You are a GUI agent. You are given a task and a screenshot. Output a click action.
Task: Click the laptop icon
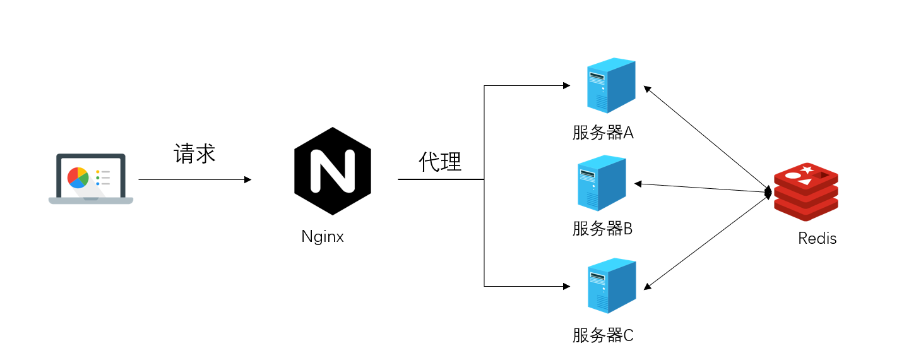point(91,179)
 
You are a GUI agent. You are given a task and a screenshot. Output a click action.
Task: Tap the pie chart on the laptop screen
point(78,177)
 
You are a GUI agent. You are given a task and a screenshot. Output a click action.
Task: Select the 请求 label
point(194,153)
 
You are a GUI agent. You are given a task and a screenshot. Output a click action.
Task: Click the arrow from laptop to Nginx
point(194,180)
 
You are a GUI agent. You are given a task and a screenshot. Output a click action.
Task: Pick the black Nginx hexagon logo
point(333,172)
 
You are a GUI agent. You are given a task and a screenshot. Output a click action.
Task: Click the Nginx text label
point(323,237)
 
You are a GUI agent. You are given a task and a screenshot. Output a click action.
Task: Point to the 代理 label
point(440,162)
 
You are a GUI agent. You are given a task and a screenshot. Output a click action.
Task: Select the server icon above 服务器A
point(610,86)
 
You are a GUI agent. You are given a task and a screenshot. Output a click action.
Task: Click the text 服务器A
point(602,133)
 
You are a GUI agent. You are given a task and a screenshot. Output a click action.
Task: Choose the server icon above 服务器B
point(601,183)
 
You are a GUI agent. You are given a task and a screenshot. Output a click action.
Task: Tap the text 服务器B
point(602,229)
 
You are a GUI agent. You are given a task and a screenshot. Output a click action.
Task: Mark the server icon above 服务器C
point(610,285)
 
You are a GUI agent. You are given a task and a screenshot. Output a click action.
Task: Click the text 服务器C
point(602,335)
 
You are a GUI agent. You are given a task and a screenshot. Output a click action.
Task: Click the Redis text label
point(817,239)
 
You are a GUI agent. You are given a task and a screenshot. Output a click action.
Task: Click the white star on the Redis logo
point(807,169)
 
